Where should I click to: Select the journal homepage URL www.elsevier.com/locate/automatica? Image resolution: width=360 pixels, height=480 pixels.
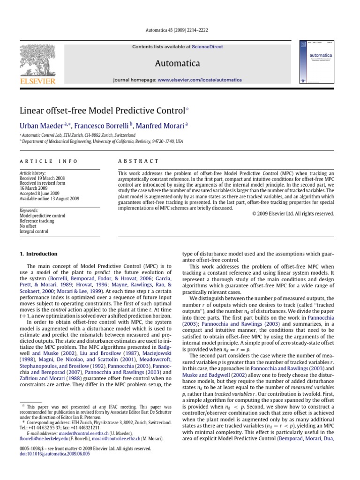click(x=200, y=80)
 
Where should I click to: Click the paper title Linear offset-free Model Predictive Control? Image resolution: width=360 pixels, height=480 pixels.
click(x=102, y=111)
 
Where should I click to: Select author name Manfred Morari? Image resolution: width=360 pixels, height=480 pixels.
click(x=160, y=126)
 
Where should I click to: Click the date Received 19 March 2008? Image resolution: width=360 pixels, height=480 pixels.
click(x=42, y=179)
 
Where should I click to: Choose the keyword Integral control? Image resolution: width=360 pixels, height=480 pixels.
click(x=35, y=231)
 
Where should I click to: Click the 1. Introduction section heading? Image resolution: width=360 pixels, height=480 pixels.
click(x=38, y=254)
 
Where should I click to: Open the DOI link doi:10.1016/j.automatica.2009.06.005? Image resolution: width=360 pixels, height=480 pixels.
click(x=54, y=454)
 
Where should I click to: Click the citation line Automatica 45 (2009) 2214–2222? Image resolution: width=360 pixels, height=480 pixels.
click(x=180, y=30)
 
